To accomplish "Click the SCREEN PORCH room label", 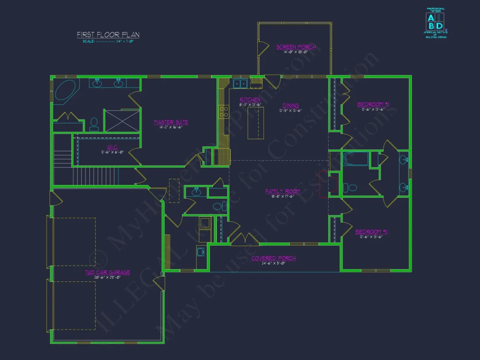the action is pyautogui.click(x=296, y=47).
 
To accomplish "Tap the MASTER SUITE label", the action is pyautogui.click(x=171, y=122).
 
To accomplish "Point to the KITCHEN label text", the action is pyautogui.click(x=250, y=100).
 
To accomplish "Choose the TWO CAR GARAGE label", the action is pyautogui.click(x=107, y=272).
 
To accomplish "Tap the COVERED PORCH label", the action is pyautogui.click(x=274, y=258).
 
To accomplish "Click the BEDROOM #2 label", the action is pyautogui.click(x=373, y=104).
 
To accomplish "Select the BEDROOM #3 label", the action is pyautogui.click(x=371, y=232).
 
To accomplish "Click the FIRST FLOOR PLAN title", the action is pyautogui.click(x=108, y=34).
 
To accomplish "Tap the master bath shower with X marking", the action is pyautogui.click(x=122, y=120).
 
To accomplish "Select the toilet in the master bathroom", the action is pyautogui.click(x=94, y=123).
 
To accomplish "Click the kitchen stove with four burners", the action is pyautogui.click(x=223, y=112).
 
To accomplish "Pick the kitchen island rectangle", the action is pyautogui.click(x=256, y=123).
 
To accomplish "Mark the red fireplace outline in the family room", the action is pyautogui.click(x=324, y=184).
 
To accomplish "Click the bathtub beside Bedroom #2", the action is pyautogui.click(x=355, y=159).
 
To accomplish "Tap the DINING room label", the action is pyautogui.click(x=291, y=106).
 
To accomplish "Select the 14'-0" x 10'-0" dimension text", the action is pyautogui.click(x=296, y=52).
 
